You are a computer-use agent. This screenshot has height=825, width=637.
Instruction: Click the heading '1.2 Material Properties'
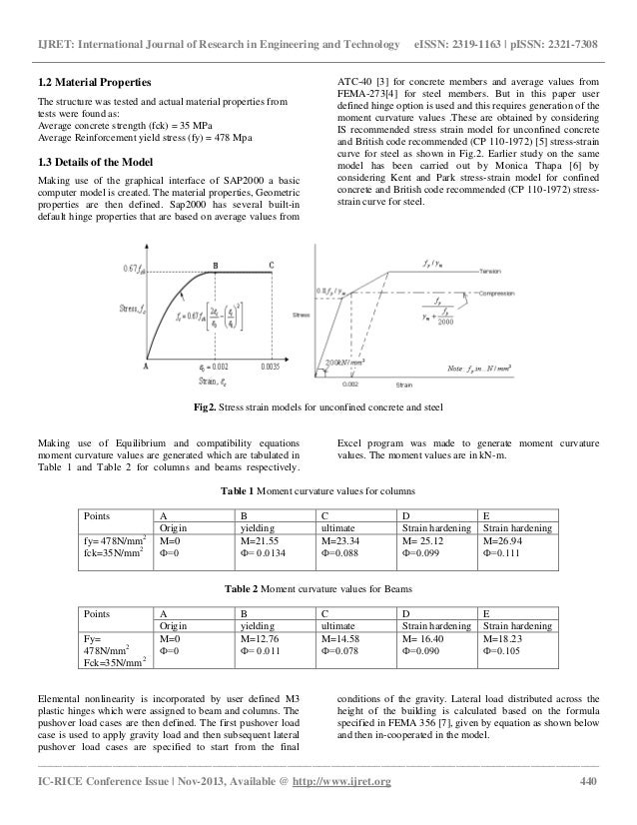(x=94, y=80)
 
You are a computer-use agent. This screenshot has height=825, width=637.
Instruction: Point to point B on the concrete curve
(x=217, y=264)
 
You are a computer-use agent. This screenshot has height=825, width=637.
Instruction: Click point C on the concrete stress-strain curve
(x=271, y=264)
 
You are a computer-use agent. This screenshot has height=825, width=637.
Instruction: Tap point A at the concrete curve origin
(x=146, y=367)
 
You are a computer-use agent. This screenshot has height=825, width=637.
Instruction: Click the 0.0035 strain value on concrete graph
(x=270, y=368)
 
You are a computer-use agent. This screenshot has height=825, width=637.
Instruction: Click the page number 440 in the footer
(x=588, y=807)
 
